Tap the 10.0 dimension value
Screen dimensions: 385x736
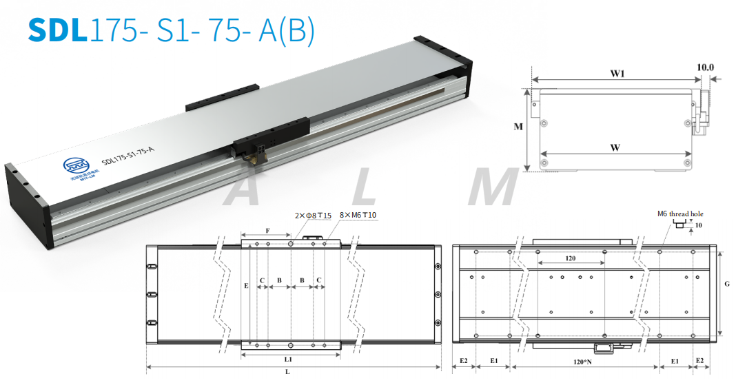(x=705, y=68)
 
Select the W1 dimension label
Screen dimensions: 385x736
(x=617, y=74)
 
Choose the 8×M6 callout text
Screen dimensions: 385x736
(x=357, y=216)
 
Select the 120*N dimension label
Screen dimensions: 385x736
(x=584, y=361)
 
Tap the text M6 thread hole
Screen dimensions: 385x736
(x=680, y=214)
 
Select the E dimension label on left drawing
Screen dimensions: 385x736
(x=246, y=284)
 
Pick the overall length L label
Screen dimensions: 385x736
(x=287, y=372)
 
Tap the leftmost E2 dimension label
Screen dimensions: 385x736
(x=464, y=361)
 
